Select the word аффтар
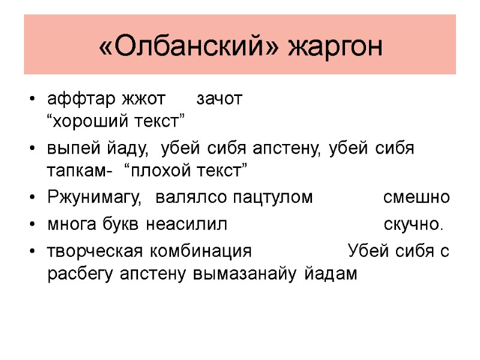point(82,99)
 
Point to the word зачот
point(220,99)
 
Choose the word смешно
point(416,197)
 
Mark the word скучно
point(413,224)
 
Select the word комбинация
point(202,251)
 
